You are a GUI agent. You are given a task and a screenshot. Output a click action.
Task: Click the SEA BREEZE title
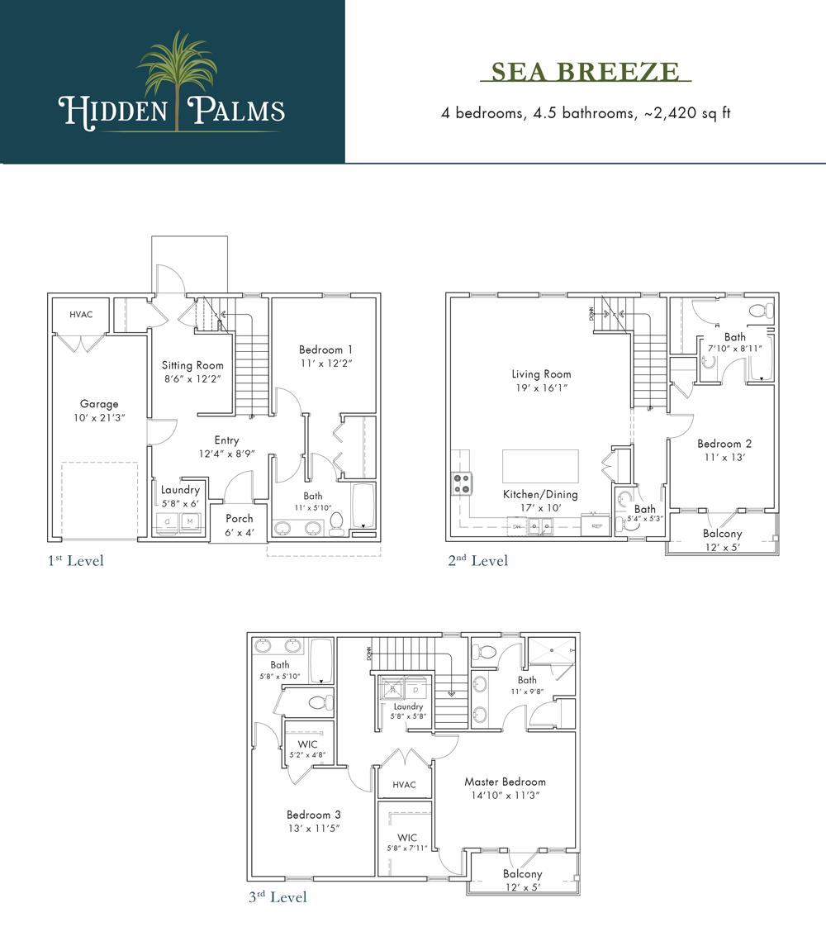point(585,72)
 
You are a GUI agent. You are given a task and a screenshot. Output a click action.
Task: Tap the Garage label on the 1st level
point(99,404)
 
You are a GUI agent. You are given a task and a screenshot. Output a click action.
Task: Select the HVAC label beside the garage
point(80,315)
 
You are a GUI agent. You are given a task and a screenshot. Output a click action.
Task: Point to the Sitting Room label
point(192,365)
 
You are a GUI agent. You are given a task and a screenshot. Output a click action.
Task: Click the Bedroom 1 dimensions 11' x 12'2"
point(326,363)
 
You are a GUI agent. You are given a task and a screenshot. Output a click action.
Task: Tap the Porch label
point(240,519)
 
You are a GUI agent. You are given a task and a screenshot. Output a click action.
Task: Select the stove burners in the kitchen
point(461,483)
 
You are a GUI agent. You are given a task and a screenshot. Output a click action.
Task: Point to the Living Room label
point(541,374)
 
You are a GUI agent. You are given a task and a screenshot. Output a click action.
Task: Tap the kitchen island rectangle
point(540,466)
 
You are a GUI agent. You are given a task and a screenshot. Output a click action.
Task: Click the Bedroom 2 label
point(724,444)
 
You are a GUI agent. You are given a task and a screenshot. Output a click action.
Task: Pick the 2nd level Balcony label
point(722,534)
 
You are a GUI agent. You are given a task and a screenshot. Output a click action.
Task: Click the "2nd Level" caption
point(478,561)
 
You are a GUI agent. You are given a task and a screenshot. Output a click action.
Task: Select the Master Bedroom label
point(505,782)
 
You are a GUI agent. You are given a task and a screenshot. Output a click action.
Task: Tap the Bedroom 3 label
point(314,814)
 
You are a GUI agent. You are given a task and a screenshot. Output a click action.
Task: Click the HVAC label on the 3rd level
point(404,785)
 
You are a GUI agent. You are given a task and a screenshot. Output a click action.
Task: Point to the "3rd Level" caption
point(278,896)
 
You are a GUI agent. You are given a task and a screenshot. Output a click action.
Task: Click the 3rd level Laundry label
point(408,706)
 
